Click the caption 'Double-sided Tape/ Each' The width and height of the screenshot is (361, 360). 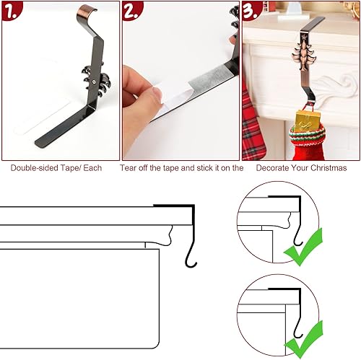[56, 168]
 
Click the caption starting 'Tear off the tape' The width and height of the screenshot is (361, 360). [181, 168]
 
